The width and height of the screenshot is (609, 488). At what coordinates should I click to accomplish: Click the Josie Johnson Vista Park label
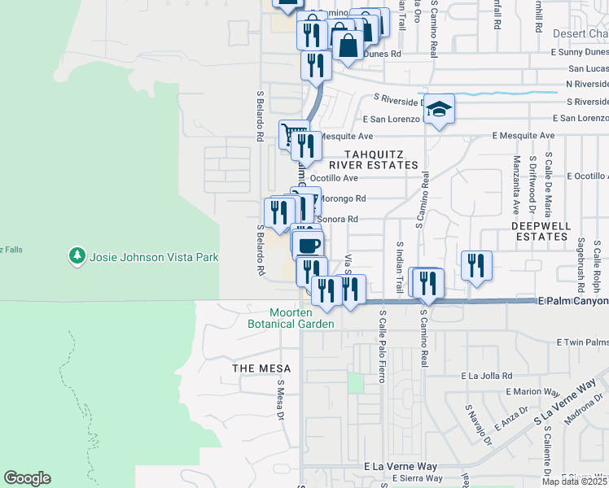click(154, 257)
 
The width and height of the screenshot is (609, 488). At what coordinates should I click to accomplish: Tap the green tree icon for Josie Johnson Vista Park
click(77, 256)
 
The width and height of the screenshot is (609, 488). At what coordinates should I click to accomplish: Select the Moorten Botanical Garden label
click(291, 318)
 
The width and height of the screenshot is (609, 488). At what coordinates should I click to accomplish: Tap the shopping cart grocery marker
click(293, 133)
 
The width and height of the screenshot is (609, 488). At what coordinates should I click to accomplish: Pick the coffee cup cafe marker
click(309, 245)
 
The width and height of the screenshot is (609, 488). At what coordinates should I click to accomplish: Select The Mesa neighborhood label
click(256, 368)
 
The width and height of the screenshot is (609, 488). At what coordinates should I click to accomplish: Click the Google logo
click(27, 478)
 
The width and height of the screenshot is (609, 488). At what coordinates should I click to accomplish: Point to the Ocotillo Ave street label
click(335, 178)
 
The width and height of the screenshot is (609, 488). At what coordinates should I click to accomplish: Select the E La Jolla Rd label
click(486, 376)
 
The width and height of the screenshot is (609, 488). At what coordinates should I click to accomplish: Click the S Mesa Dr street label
click(279, 399)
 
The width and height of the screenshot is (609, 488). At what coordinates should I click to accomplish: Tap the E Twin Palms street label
click(581, 343)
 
